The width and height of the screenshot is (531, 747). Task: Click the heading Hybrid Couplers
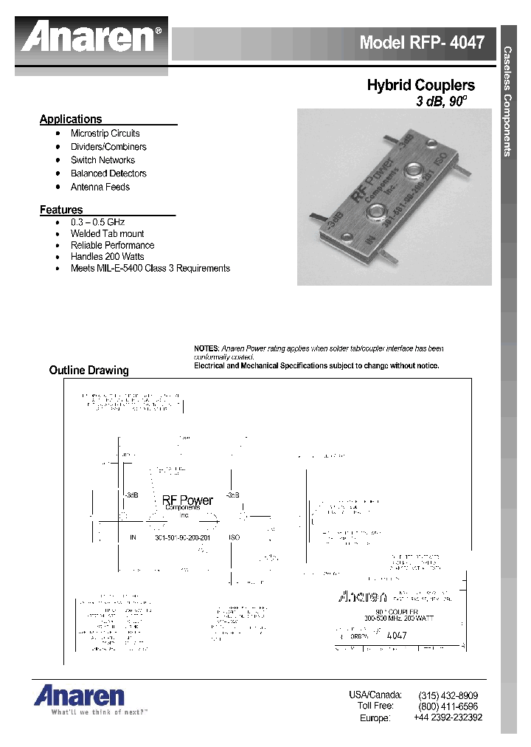[x=420, y=86]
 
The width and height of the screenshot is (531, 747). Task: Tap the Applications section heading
[x=71, y=119]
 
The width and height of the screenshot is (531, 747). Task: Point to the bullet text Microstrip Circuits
[x=105, y=134]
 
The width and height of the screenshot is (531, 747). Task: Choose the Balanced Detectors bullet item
[x=108, y=173]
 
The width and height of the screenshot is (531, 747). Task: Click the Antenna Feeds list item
[x=100, y=187]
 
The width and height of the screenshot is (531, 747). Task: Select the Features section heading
[x=61, y=210]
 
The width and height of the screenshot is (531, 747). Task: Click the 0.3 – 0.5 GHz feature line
[x=99, y=221]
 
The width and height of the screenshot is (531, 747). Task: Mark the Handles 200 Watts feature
[x=107, y=256]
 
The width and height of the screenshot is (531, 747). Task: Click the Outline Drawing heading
[x=88, y=371]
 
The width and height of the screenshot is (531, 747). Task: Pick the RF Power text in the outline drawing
[x=187, y=500]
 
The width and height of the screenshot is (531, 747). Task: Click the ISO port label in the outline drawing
[x=235, y=537]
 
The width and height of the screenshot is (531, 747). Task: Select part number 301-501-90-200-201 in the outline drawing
[x=182, y=537]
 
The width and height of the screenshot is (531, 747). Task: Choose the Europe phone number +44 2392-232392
[x=448, y=717]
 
